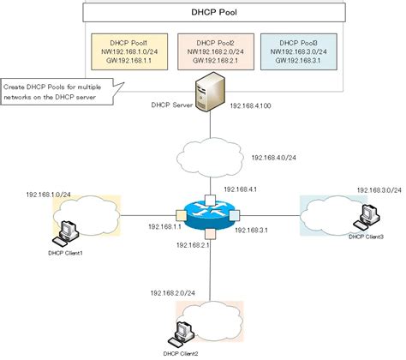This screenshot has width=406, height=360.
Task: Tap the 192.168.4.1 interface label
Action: pyautogui.click(x=241, y=189)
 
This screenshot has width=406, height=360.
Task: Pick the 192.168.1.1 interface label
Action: pyautogui.click(x=165, y=226)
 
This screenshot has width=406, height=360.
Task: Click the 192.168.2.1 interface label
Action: pyautogui.click(x=194, y=246)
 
